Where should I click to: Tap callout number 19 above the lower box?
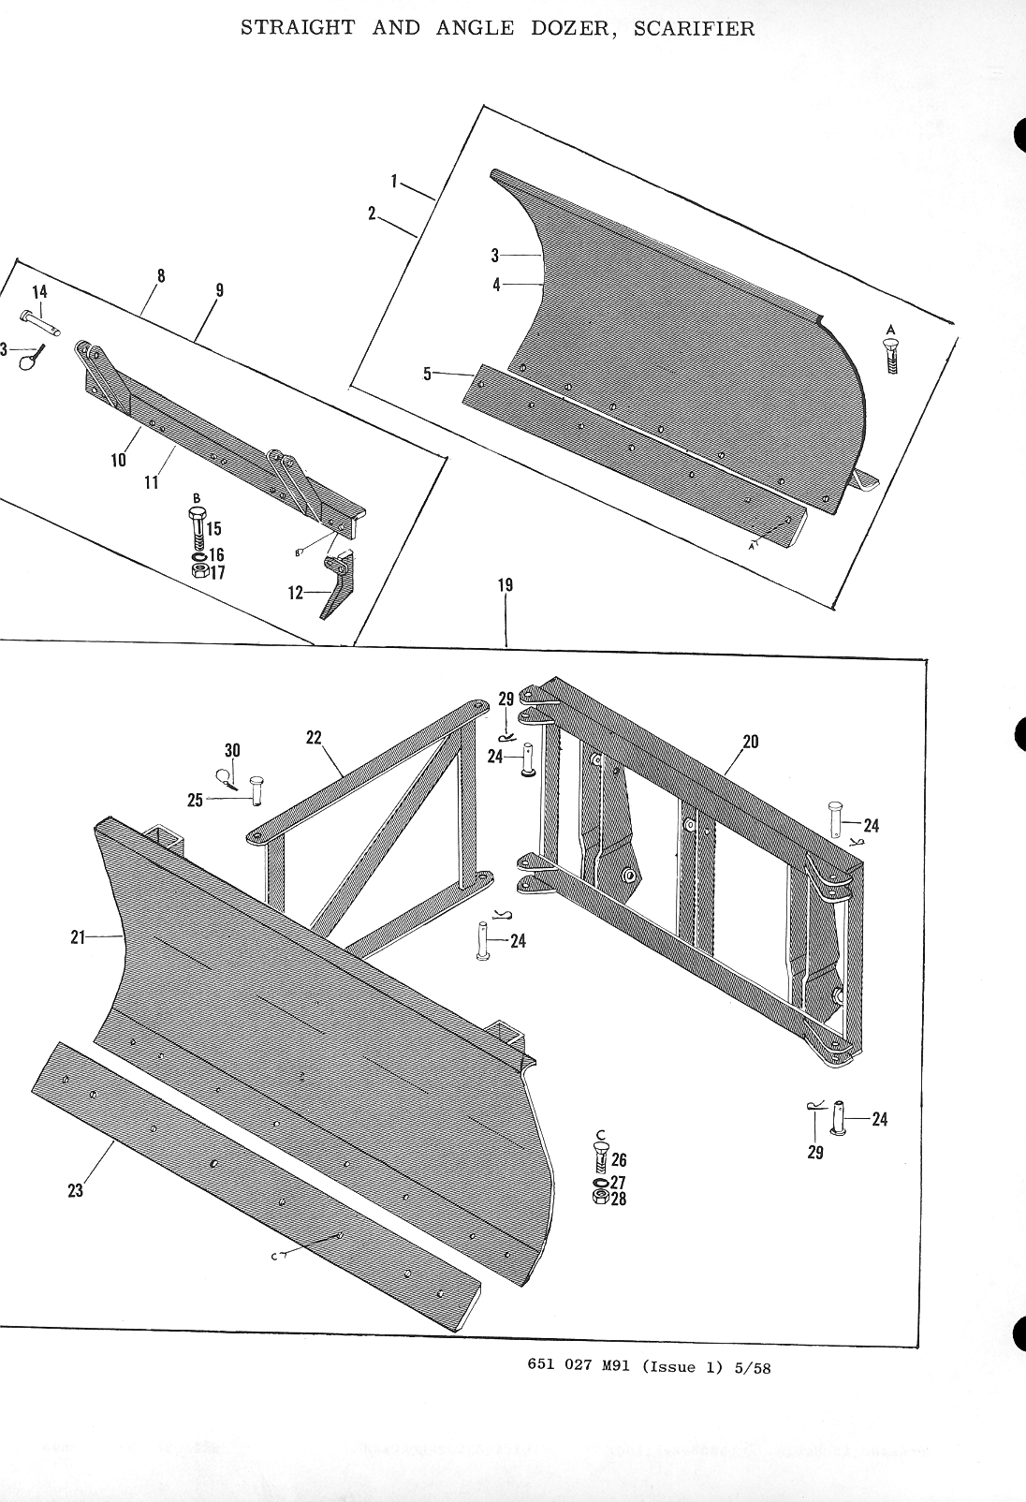pyautogui.click(x=506, y=585)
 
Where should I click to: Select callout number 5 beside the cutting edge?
pyautogui.click(x=427, y=374)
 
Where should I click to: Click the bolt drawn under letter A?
pyautogui.click(x=891, y=356)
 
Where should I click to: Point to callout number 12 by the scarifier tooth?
pyautogui.click(x=297, y=593)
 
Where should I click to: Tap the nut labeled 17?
pyautogui.click(x=198, y=571)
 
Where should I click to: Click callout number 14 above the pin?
pyautogui.click(x=38, y=291)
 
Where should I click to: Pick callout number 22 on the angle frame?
pyautogui.click(x=314, y=737)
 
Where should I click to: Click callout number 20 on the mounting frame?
pyautogui.click(x=750, y=742)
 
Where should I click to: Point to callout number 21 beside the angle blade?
pyautogui.click(x=79, y=935)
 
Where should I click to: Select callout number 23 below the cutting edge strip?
pyautogui.click(x=76, y=1190)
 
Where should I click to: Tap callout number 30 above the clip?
pyautogui.click(x=232, y=750)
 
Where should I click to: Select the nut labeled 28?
pyautogui.click(x=600, y=1199)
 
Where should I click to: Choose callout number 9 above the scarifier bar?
pyautogui.click(x=219, y=289)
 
